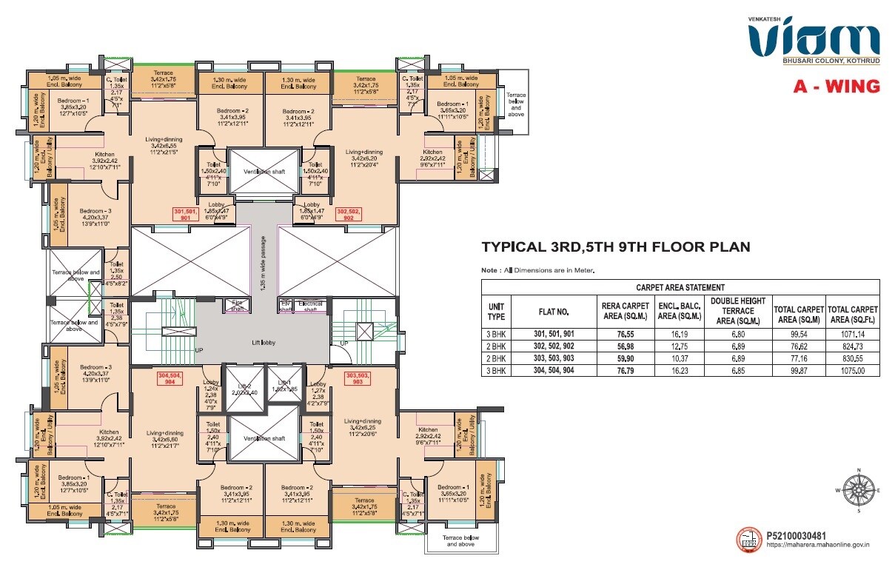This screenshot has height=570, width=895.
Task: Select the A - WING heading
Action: (x=837, y=87)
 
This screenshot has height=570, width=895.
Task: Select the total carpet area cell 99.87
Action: (x=798, y=370)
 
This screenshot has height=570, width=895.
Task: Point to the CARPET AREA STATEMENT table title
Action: (x=680, y=287)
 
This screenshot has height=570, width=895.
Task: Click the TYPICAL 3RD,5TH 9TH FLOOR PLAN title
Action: (x=616, y=247)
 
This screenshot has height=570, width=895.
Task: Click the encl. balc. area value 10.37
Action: (x=675, y=358)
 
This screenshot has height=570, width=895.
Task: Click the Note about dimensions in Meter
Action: (x=538, y=270)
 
